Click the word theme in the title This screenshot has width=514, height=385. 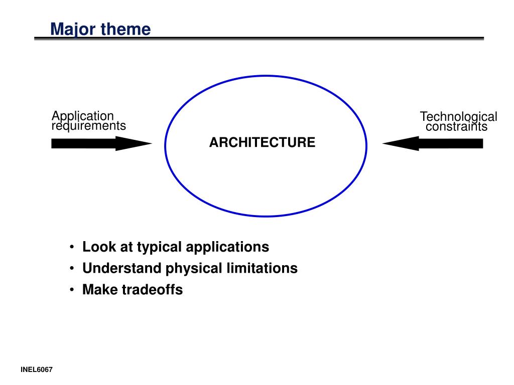coord(125,30)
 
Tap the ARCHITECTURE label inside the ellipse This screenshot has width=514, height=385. coord(262,143)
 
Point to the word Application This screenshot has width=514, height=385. coord(83,116)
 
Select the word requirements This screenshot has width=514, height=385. coord(89,126)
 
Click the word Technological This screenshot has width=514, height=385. coord(458,117)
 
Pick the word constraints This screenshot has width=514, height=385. coord(456,127)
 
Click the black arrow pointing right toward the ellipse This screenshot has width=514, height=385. coord(100,143)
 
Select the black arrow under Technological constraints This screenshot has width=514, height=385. coord(433,143)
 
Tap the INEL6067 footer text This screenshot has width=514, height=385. coord(37,370)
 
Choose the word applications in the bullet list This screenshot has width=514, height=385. coord(227,248)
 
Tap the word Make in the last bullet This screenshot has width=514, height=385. coord(100,290)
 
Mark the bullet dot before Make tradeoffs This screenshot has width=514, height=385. coord(73,290)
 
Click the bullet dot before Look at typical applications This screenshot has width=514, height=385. coord(73,248)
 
